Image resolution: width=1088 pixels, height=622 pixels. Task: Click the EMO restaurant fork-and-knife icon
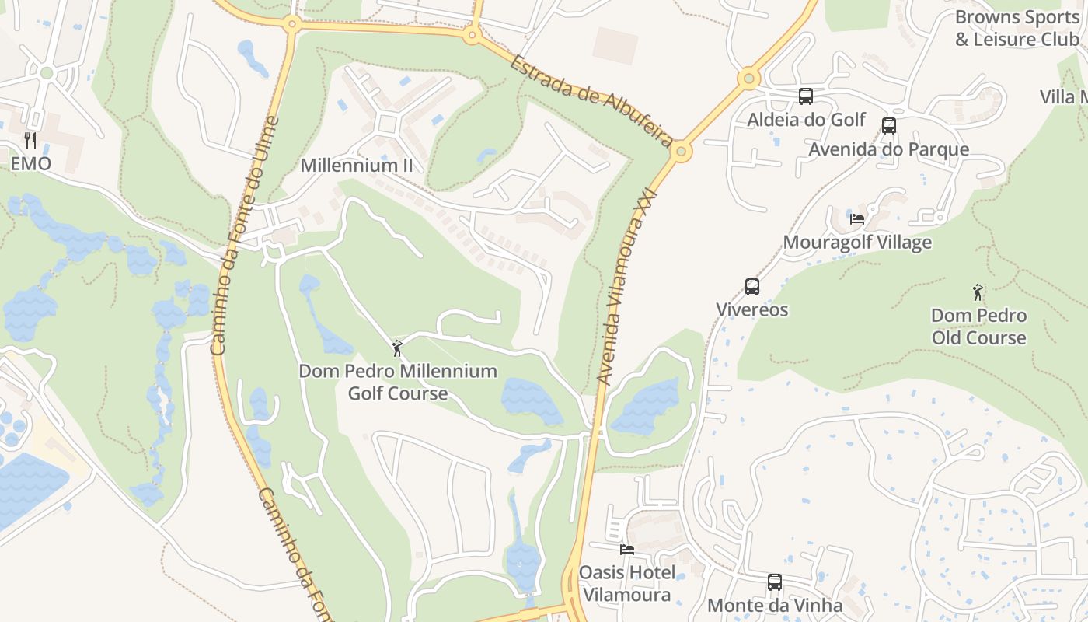[x=30, y=141]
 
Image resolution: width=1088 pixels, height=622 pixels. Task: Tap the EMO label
[x=30, y=164]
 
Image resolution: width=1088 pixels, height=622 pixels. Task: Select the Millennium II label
[x=357, y=166]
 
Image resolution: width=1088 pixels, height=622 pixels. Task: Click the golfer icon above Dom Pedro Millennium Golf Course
[x=398, y=348]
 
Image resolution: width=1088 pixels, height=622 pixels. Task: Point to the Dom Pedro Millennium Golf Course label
[x=398, y=382]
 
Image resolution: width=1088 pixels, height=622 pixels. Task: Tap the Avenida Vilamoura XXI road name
[x=628, y=286]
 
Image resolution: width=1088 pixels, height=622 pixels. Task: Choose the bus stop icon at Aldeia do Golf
[x=806, y=96]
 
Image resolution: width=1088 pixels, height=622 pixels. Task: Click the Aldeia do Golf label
[x=806, y=120]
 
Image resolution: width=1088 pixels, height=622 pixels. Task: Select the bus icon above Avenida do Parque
[x=889, y=126]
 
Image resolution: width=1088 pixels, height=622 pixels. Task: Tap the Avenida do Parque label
[x=889, y=149]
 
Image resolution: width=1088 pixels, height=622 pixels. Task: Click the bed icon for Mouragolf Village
[x=857, y=219]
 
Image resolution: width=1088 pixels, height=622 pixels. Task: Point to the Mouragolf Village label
[x=857, y=243]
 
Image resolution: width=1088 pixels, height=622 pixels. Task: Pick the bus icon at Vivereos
[x=752, y=287]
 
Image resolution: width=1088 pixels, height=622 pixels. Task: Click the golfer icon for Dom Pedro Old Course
[x=978, y=293]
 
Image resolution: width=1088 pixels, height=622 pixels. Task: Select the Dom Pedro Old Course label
[x=978, y=327]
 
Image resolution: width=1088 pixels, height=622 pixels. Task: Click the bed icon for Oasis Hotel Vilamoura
[x=627, y=550]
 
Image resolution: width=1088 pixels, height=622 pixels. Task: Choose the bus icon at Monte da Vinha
[x=775, y=582]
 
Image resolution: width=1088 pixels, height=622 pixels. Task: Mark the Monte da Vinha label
[x=775, y=606]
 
